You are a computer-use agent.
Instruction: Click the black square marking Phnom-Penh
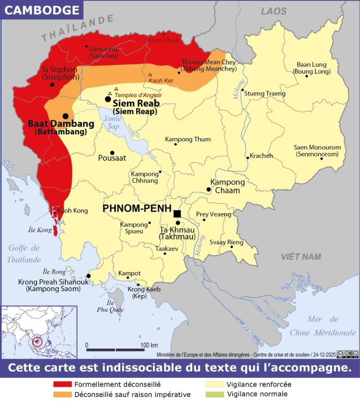pos(177,213)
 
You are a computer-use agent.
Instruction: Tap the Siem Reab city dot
pos(108,99)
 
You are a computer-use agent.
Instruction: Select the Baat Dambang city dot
pos(66,116)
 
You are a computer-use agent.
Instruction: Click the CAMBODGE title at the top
pos(42,10)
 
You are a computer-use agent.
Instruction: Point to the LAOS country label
pos(274,11)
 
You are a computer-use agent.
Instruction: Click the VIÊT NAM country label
pos(301,257)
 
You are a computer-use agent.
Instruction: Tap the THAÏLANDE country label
pos(77,28)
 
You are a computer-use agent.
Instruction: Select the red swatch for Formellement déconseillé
pos(62,385)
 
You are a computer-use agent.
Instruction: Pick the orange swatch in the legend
pos(62,395)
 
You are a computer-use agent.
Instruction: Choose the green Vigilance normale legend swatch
pos(215,395)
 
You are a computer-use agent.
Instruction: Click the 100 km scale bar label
pos(149,345)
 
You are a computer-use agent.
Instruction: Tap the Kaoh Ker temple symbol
pos(150,75)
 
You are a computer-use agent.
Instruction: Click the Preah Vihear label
pos(163,40)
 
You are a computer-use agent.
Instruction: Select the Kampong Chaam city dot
pos(209,189)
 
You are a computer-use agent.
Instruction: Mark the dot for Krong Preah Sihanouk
pos(89,276)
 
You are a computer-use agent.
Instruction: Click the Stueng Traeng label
pos(265,94)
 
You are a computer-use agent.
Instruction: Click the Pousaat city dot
pos(112,153)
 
